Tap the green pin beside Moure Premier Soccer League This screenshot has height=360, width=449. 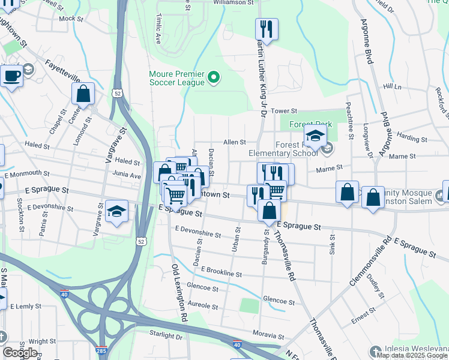[212, 77]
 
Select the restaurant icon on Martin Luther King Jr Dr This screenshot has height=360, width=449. [265, 29]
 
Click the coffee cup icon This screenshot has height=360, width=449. [11, 76]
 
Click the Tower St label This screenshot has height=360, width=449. [284, 111]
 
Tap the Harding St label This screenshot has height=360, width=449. [412, 139]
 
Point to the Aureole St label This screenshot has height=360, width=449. [203, 305]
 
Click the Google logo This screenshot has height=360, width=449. [20, 353]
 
